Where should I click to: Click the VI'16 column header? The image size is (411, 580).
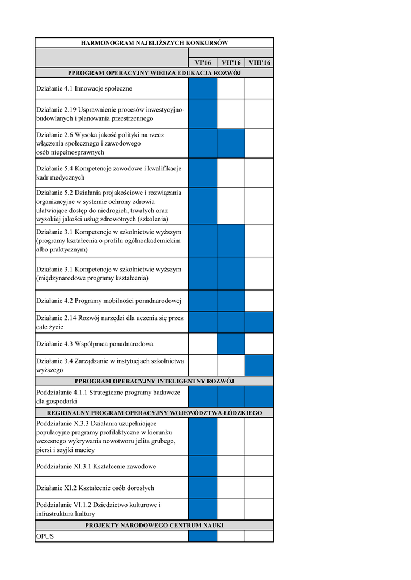[x=202, y=62]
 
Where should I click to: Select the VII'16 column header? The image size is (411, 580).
[x=231, y=62]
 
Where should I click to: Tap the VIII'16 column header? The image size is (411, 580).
[x=259, y=62]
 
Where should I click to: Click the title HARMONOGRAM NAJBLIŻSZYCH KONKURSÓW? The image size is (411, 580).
[x=154, y=43]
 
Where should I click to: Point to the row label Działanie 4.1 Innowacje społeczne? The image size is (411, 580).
[x=84, y=88]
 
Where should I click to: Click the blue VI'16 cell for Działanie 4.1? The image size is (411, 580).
[x=202, y=88]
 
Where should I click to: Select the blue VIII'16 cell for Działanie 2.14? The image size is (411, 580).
[x=259, y=322]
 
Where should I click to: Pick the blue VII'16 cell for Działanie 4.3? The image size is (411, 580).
[x=231, y=344]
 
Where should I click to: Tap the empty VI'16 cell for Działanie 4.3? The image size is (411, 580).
[x=202, y=344]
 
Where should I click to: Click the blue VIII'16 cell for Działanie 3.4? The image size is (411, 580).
[x=259, y=365]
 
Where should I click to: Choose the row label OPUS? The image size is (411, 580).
[x=45, y=536]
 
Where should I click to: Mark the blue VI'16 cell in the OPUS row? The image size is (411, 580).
[x=202, y=536]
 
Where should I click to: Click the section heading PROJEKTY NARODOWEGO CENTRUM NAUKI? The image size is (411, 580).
[x=154, y=526]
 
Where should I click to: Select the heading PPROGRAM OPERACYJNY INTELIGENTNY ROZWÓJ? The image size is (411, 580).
[x=154, y=381]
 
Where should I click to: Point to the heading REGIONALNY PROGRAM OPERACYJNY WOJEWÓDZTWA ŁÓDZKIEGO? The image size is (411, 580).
[x=154, y=413]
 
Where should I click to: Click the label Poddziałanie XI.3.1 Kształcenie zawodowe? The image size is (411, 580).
[x=96, y=466]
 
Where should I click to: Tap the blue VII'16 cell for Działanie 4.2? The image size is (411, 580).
[x=231, y=301]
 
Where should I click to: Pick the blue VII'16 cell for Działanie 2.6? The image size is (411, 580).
[x=231, y=144]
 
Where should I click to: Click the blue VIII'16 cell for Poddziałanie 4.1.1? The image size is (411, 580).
[x=259, y=397]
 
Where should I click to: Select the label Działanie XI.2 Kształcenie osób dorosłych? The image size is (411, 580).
[x=95, y=488]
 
